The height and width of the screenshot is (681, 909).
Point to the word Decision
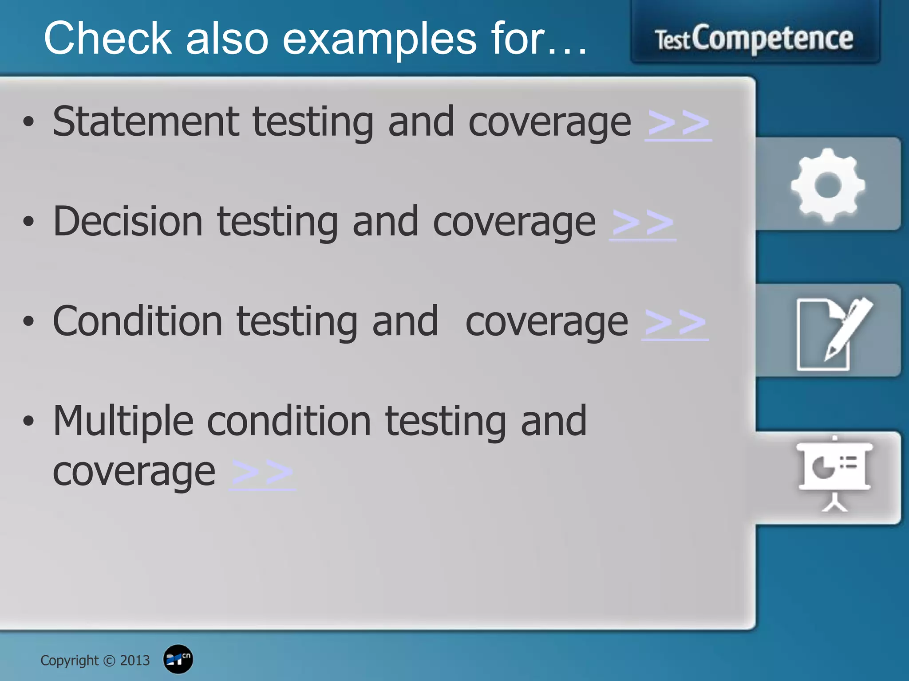[x=128, y=221]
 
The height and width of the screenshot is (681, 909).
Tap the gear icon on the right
[x=828, y=185]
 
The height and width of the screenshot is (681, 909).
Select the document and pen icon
[x=834, y=333]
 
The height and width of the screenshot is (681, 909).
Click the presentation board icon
[x=834, y=473]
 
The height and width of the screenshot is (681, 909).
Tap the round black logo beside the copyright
[x=178, y=659]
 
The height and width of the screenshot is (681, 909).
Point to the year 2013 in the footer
[x=135, y=661]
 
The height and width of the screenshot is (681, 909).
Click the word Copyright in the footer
[x=69, y=661]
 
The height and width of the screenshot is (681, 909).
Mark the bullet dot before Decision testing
[x=28, y=222]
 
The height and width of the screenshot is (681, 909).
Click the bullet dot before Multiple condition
[x=28, y=421]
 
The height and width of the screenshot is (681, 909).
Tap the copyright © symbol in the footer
[x=109, y=661]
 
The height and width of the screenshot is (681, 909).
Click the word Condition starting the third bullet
[x=138, y=321]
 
